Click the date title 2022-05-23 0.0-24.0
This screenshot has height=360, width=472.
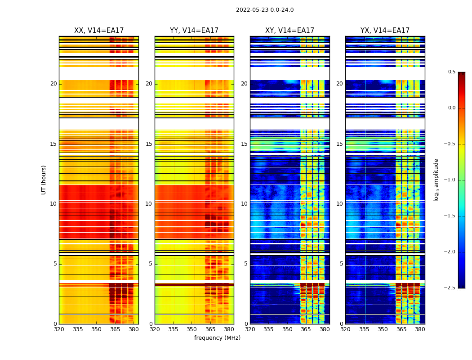(265, 10)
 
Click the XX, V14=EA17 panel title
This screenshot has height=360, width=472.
(99, 31)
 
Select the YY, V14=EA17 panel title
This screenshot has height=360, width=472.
(194, 31)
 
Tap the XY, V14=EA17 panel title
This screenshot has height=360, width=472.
(289, 31)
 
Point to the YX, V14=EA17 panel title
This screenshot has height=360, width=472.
(385, 31)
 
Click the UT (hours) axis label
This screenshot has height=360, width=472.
(44, 180)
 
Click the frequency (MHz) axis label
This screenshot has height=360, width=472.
(217, 338)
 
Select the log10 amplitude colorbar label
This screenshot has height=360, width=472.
(436, 180)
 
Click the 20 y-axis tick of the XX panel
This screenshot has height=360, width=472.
(53, 84)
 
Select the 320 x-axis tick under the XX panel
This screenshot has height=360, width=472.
(59, 329)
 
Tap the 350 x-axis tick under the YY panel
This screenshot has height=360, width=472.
(192, 329)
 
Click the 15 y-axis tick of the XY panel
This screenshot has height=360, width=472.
(244, 144)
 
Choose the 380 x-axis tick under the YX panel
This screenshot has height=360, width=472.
(420, 329)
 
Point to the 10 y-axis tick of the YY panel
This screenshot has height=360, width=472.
(149, 204)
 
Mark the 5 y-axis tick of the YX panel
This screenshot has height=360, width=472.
(342, 264)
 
